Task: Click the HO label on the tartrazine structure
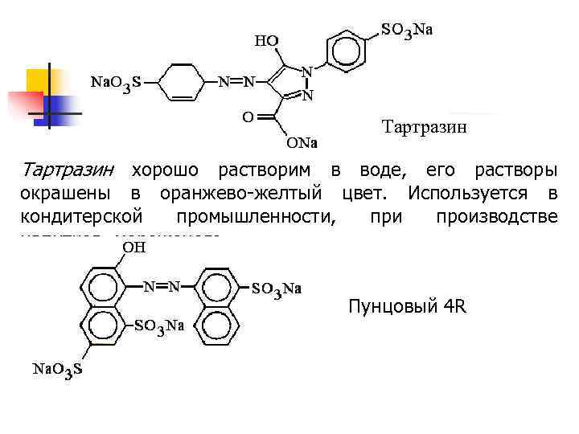(267, 40)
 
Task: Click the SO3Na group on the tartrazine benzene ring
(407, 31)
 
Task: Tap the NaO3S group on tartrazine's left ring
(116, 83)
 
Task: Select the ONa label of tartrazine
(302, 145)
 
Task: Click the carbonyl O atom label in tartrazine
(248, 116)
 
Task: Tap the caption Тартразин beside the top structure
(424, 126)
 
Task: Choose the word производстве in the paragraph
(496, 217)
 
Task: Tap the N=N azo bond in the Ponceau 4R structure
(162, 286)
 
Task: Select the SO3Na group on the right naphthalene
(277, 289)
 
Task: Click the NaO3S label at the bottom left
(56, 370)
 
